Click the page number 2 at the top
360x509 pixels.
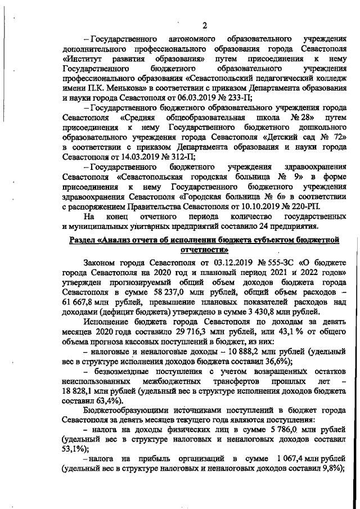tap(205, 25)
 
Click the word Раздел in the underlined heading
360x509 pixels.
tap(84, 241)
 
